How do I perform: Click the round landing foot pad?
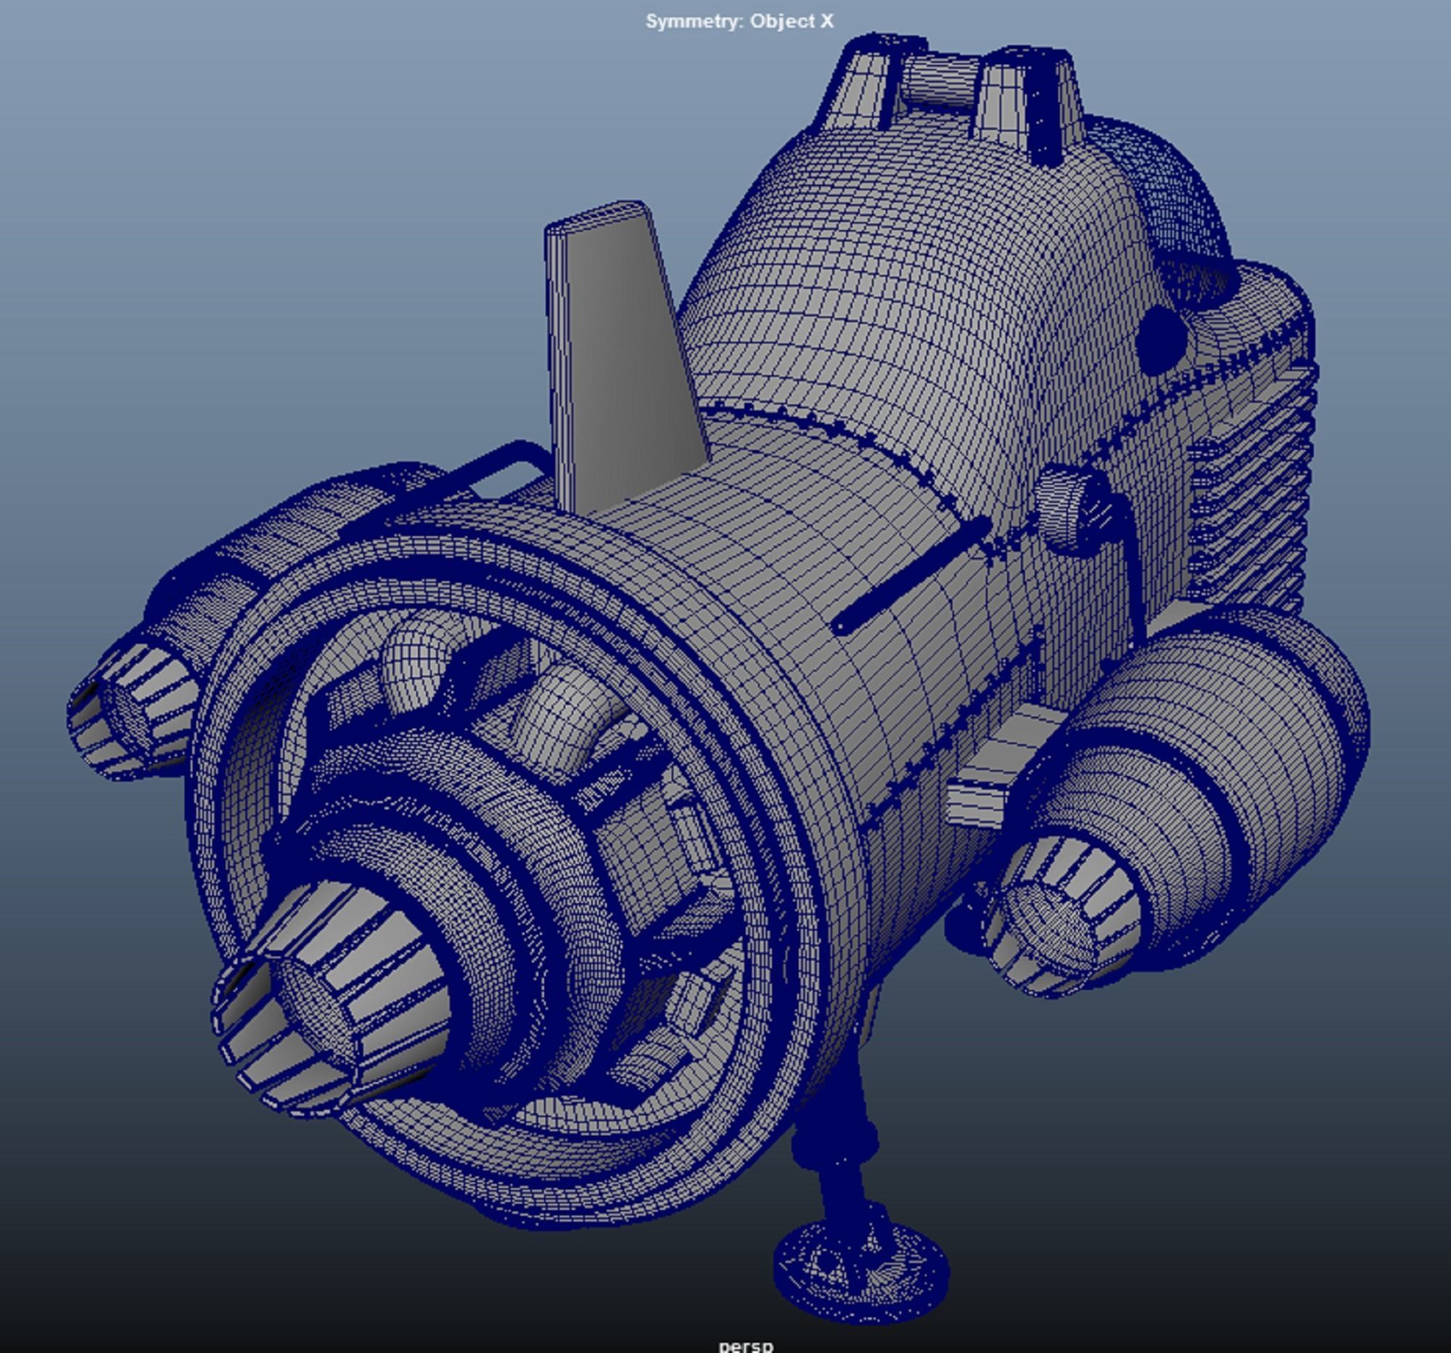[861, 1270]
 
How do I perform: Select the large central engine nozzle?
[329, 1007]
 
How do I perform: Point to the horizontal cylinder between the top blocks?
[938, 81]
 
